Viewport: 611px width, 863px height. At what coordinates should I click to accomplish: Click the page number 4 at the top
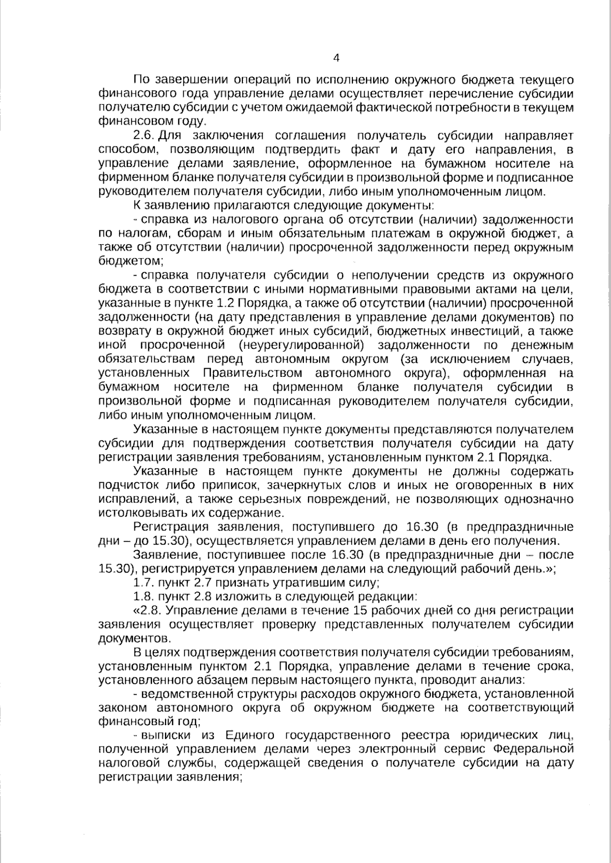336,58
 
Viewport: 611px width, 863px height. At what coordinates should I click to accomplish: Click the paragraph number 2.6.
144,136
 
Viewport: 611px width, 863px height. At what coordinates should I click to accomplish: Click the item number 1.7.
143,582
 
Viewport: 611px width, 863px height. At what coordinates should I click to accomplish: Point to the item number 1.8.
143,596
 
